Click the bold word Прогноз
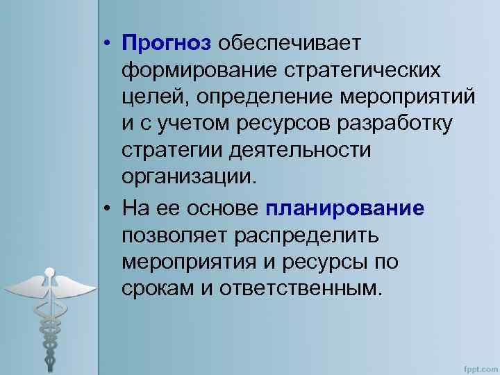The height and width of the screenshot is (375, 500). click(x=166, y=44)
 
